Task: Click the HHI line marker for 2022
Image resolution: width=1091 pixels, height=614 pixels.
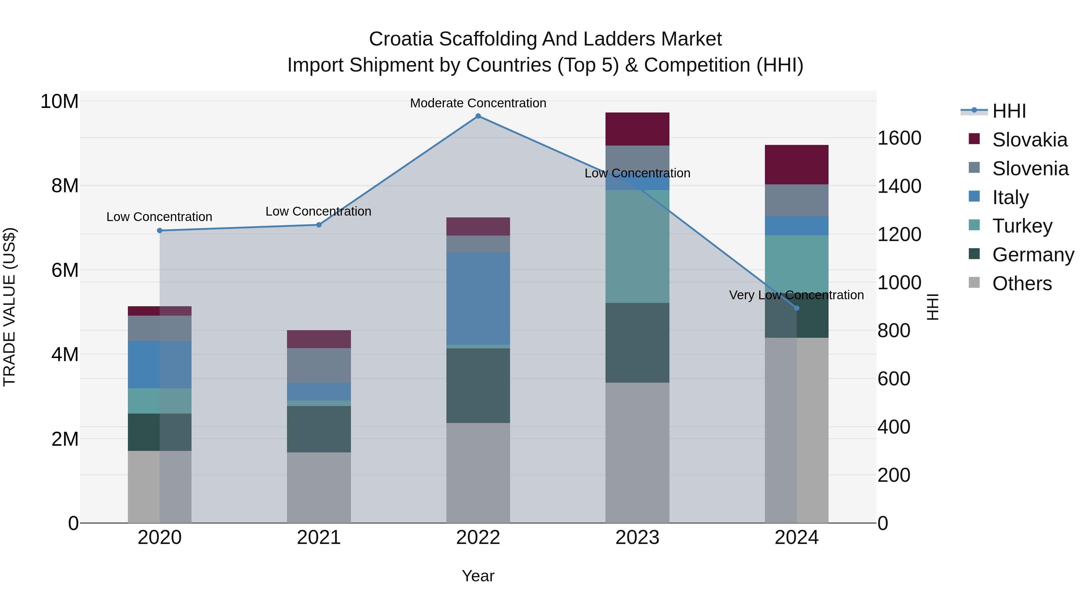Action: point(478,116)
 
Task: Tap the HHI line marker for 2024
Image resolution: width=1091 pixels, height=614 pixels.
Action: point(797,308)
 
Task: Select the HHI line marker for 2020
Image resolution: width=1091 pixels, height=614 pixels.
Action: point(160,230)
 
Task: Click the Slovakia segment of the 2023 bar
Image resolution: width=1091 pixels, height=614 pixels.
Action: point(637,129)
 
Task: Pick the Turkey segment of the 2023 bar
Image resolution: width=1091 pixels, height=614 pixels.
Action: point(637,246)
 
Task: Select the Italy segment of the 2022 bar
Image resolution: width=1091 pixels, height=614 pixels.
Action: point(478,298)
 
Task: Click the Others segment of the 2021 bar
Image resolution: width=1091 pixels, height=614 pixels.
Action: point(319,487)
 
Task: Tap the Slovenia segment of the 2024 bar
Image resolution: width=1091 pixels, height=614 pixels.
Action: point(797,200)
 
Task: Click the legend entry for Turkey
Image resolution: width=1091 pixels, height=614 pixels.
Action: point(1022,226)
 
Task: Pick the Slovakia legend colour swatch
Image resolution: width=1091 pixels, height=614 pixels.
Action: point(974,139)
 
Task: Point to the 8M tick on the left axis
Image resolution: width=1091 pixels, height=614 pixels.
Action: point(64,186)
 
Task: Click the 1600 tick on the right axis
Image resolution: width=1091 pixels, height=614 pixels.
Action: point(899,138)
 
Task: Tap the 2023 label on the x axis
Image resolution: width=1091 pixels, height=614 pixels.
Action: point(637,538)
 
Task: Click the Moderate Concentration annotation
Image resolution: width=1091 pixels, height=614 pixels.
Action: point(478,103)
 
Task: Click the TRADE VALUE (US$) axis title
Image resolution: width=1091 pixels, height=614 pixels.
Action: point(9,307)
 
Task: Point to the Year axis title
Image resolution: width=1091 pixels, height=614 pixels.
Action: point(478,576)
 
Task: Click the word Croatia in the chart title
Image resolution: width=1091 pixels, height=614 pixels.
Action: point(401,39)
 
